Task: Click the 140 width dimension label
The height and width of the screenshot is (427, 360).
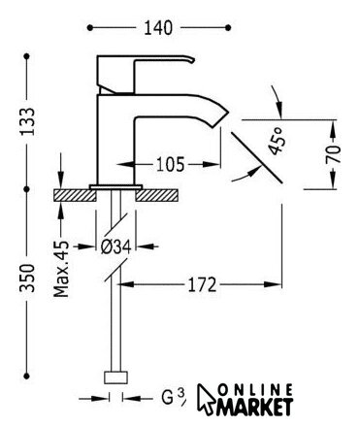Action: click(x=158, y=28)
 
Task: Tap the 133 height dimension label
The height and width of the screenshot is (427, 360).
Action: click(x=27, y=121)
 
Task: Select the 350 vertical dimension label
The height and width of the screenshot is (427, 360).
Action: click(x=27, y=279)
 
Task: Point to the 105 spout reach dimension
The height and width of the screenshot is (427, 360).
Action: click(x=170, y=164)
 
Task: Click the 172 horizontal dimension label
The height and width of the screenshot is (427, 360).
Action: click(x=202, y=284)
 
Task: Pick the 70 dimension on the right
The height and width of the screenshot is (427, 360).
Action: click(x=333, y=153)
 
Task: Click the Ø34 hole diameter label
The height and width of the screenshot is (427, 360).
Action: click(x=115, y=247)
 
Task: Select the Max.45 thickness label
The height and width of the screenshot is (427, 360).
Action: click(x=61, y=269)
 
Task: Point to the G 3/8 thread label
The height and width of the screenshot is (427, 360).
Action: click(x=174, y=397)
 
